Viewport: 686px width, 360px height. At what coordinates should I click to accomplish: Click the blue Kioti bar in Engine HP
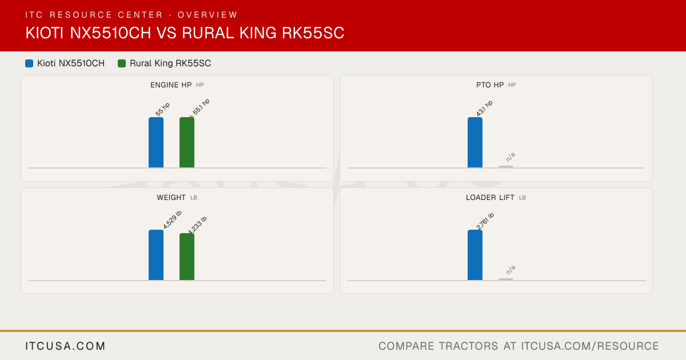[x=156, y=142]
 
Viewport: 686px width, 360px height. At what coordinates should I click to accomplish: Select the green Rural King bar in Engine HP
[x=187, y=142]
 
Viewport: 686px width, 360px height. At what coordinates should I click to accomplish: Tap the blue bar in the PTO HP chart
[x=475, y=142]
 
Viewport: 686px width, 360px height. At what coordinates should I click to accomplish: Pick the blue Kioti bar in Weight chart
[x=156, y=255]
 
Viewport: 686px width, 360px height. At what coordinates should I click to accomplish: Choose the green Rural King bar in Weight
[x=187, y=257]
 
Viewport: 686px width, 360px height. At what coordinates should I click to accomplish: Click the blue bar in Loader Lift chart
[x=475, y=255]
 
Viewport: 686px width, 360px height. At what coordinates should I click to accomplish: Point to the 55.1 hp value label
[x=201, y=107]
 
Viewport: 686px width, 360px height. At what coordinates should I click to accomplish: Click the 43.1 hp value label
[x=485, y=108]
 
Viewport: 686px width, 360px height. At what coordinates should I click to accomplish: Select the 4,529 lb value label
[x=172, y=219]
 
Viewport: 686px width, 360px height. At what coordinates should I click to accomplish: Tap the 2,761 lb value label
[x=485, y=221]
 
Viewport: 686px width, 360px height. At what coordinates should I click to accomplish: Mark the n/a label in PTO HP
[x=510, y=157]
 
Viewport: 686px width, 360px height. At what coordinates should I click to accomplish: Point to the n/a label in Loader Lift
[x=510, y=270]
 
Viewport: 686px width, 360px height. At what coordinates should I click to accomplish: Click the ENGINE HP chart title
[x=171, y=85]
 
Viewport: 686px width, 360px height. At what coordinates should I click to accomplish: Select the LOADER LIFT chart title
[x=490, y=198]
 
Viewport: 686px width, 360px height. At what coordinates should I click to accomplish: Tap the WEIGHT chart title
[x=171, y=198]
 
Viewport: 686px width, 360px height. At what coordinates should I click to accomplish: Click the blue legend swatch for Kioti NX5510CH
[x=29, y=63]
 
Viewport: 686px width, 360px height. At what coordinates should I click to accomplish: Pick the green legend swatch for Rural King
[x=122, y=63]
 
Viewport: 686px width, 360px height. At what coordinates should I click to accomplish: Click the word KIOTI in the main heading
[x=45, y=33]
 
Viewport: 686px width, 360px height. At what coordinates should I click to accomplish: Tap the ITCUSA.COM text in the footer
[x=65, y=346]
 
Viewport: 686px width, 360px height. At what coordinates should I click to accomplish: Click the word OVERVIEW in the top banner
[x=208, y=15]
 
